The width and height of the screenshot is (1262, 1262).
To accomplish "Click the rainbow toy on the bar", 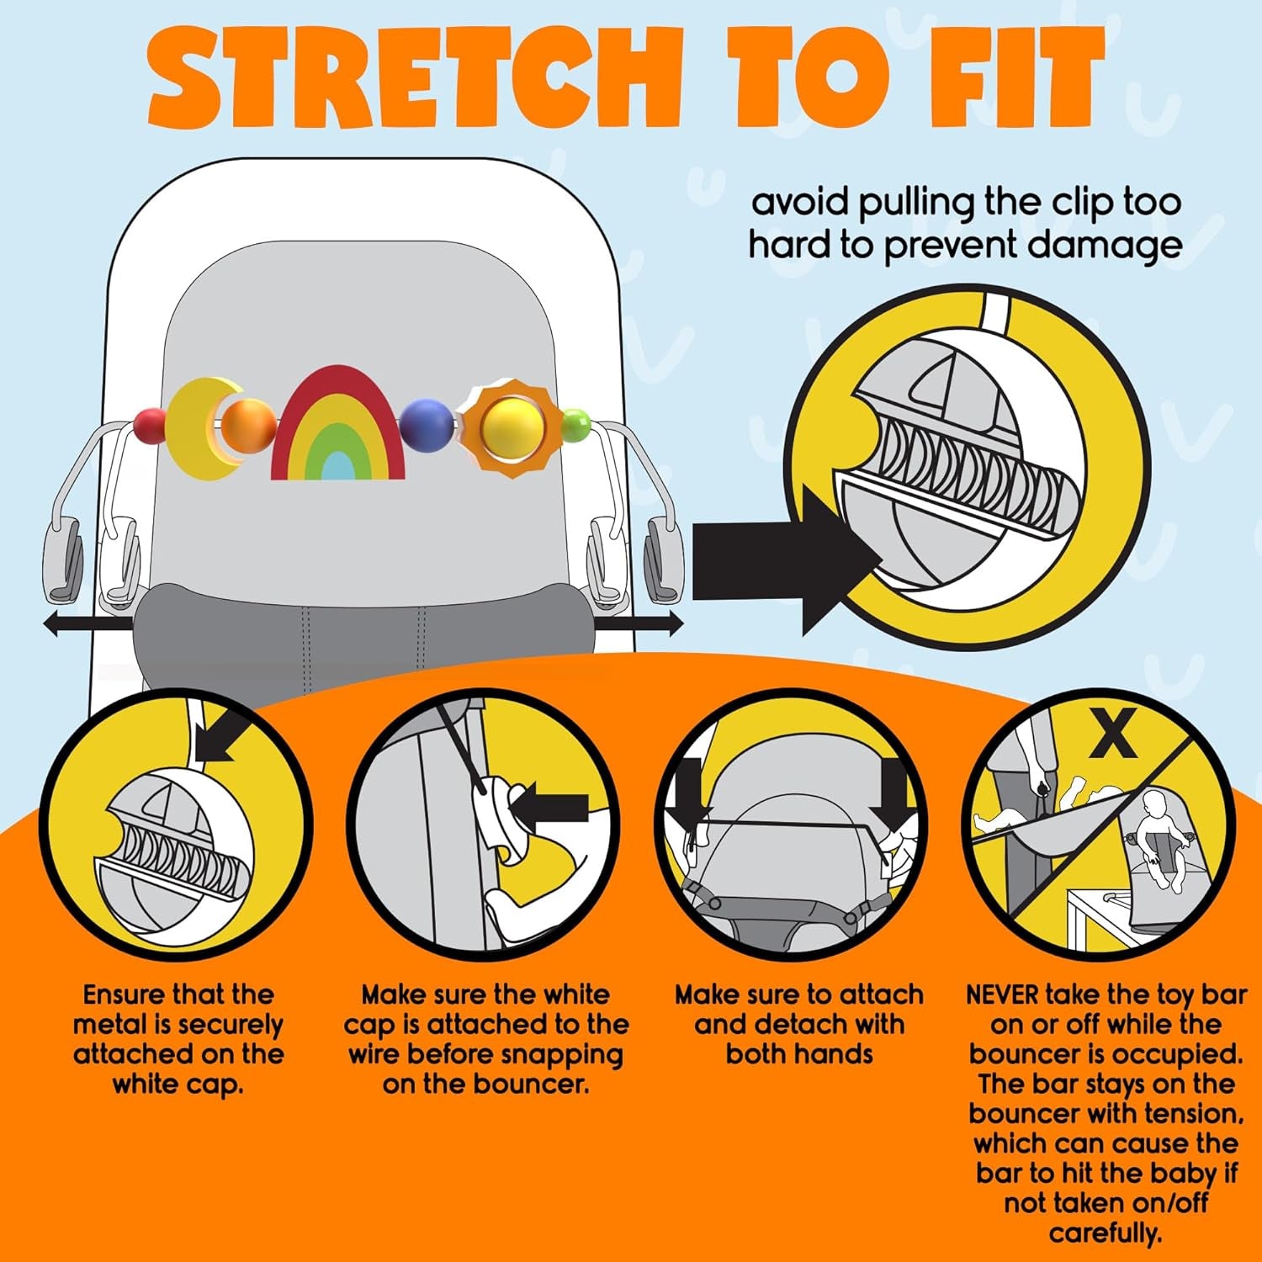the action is [x=338, y=423].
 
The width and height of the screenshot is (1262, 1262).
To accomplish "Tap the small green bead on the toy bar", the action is [x=576, y=425].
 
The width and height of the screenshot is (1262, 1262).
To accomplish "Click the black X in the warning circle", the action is [x=1114, y=733].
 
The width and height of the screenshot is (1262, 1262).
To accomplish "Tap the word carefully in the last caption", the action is [x=1105, y=1234].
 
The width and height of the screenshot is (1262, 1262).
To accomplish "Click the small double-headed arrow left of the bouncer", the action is [x=87, y=624].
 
